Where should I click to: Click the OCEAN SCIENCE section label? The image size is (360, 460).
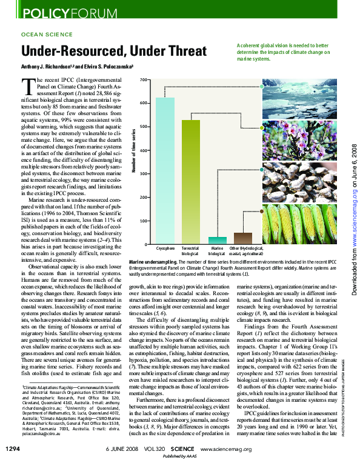coord(47,35)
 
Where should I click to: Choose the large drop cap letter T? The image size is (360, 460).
coord(26,85)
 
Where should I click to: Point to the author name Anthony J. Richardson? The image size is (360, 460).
coord(45,67)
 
